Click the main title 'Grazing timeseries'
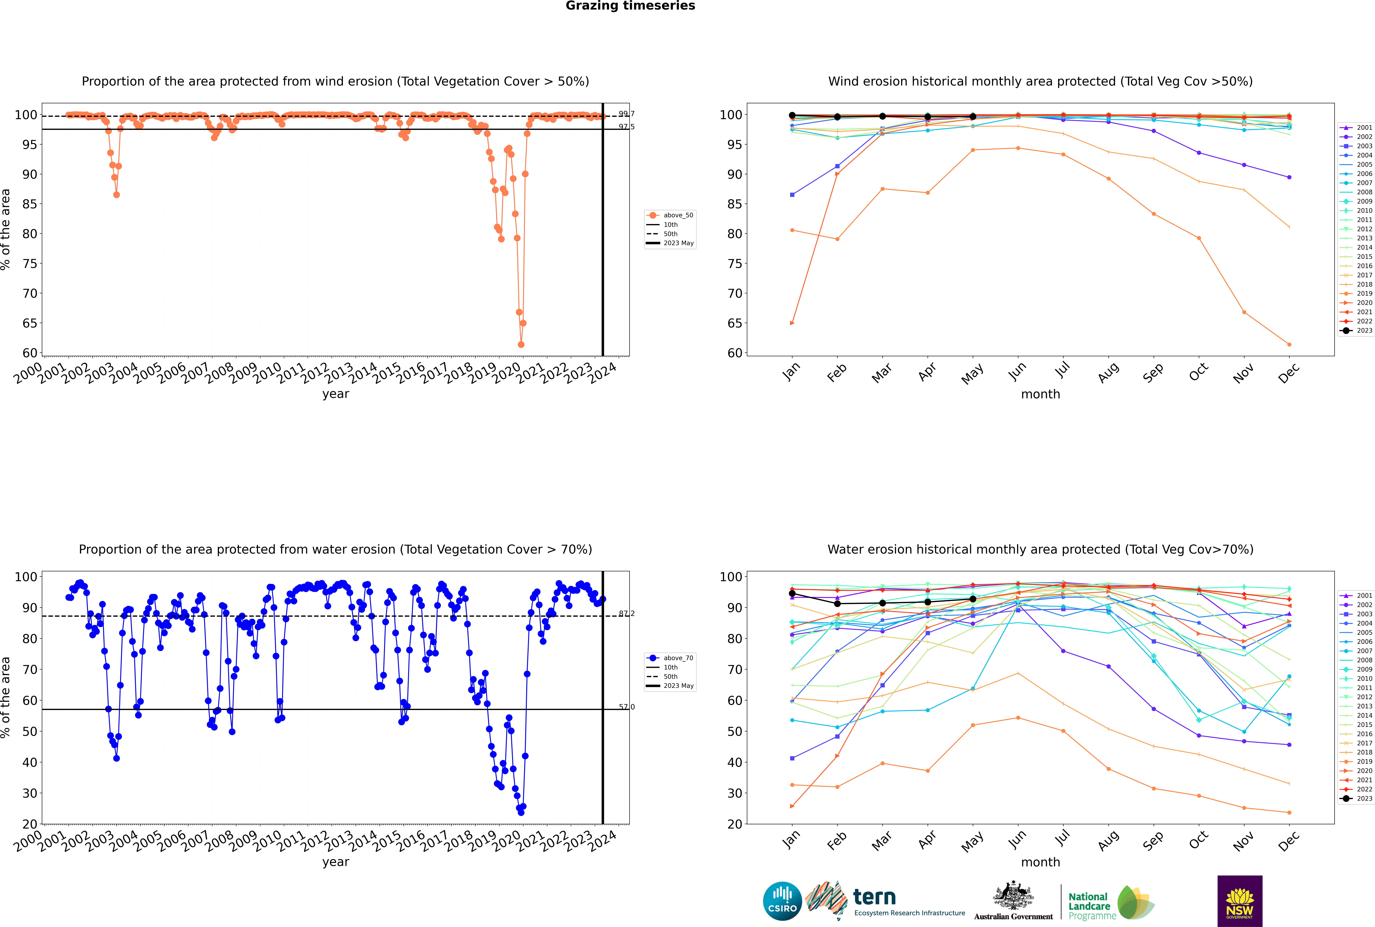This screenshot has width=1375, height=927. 630,6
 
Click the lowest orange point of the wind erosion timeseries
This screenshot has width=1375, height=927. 521,344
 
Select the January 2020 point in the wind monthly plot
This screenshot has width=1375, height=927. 792,323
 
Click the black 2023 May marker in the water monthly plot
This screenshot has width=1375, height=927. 972,599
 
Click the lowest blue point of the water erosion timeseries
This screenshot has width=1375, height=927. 521,812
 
